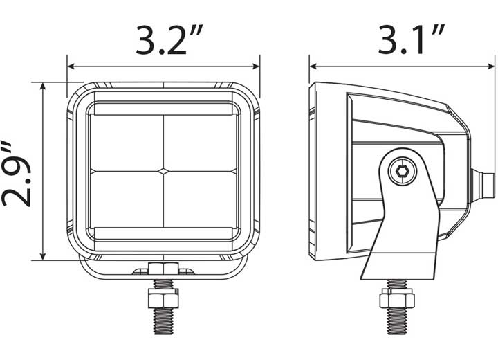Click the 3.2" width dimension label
[163, 41]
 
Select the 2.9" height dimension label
[19, 172]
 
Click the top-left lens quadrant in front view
[127, 143]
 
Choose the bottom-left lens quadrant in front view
[127, 198]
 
